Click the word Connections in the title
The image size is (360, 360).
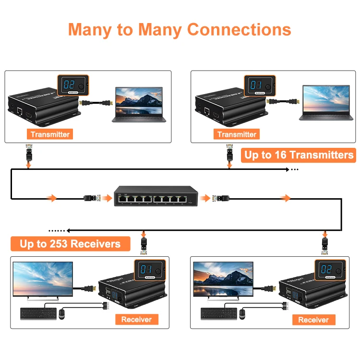[239, 29]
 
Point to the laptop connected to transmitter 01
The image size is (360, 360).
[325, 103]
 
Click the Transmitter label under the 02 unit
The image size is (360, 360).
[50, 134]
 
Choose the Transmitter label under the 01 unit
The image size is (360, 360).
[237, 134]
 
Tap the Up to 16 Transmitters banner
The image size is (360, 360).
[299, 155]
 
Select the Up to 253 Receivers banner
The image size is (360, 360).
[70, 244]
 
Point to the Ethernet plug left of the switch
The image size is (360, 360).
[92, 197]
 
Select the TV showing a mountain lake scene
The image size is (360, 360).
[223, 280]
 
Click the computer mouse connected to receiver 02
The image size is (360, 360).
[242, 314]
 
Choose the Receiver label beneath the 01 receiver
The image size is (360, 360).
[136, 319]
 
